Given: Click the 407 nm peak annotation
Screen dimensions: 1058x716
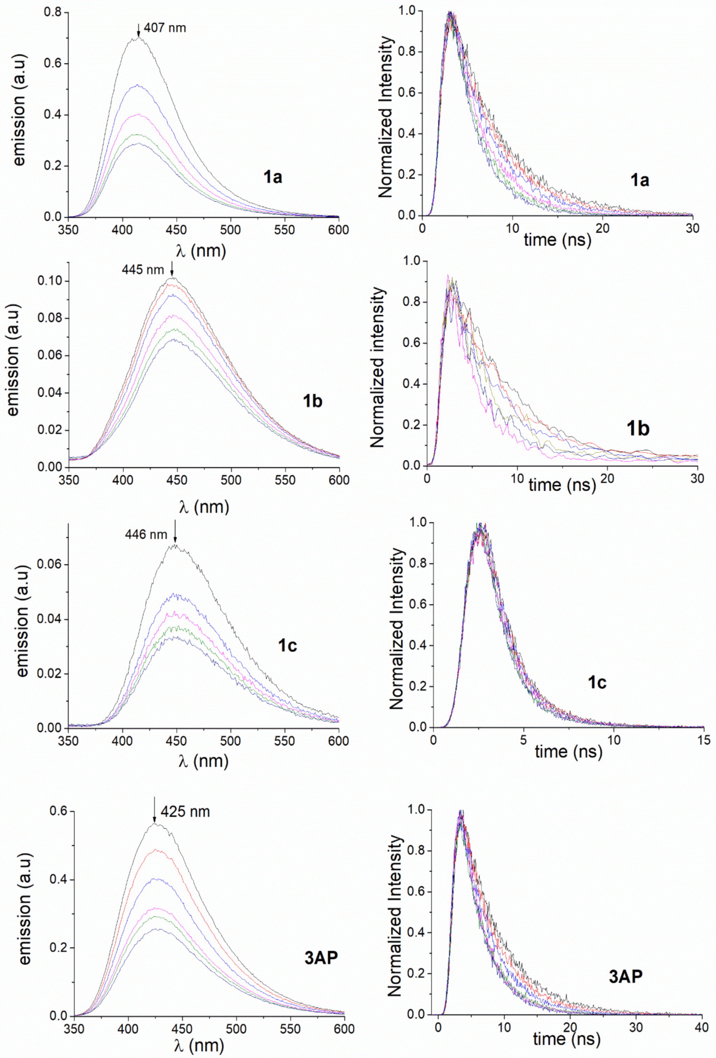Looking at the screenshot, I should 165,28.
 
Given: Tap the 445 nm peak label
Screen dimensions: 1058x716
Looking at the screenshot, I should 142,270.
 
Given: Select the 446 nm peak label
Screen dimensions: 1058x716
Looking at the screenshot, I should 146,534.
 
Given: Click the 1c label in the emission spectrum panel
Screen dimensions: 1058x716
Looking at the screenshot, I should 287,645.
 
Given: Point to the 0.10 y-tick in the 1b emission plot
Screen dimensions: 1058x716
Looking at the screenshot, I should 50,281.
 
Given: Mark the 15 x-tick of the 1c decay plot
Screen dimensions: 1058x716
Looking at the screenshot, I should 703,740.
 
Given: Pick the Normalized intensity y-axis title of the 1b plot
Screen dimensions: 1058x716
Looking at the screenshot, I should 378,367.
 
